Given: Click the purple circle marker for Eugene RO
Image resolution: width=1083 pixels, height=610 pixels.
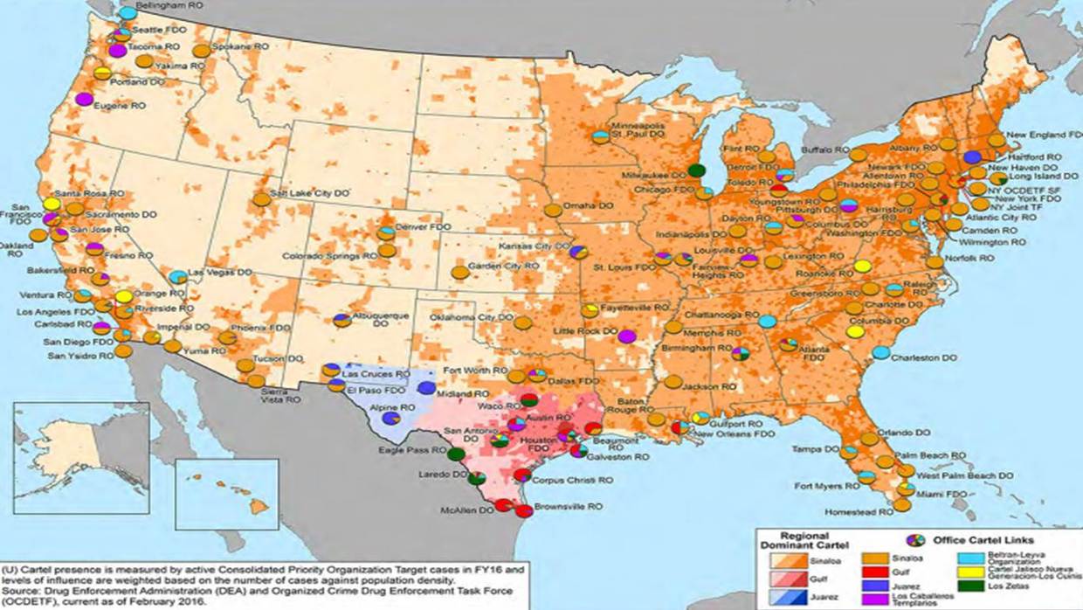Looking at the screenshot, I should pos(84,99).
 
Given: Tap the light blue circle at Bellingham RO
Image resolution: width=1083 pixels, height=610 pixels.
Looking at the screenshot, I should pos(128,13).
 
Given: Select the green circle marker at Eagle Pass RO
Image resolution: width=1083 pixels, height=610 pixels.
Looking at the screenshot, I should pos(455,454).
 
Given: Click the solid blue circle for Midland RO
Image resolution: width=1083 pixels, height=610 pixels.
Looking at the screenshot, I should pos(426,387).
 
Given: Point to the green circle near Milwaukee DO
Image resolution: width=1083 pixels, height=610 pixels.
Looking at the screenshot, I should pos(696,170).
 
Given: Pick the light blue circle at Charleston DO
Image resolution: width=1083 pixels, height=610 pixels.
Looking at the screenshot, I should pos(881,352).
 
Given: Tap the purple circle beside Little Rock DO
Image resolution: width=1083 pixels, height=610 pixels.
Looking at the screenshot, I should pos(625,336).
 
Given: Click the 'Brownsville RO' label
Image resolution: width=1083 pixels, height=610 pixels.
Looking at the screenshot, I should pos(568,506).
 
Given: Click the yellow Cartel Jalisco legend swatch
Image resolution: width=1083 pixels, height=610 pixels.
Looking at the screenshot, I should pos(970,572).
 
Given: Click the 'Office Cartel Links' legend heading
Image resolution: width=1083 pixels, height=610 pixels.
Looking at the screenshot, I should pos(983,540).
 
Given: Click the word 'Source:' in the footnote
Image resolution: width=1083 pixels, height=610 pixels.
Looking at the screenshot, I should pos(22,591).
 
